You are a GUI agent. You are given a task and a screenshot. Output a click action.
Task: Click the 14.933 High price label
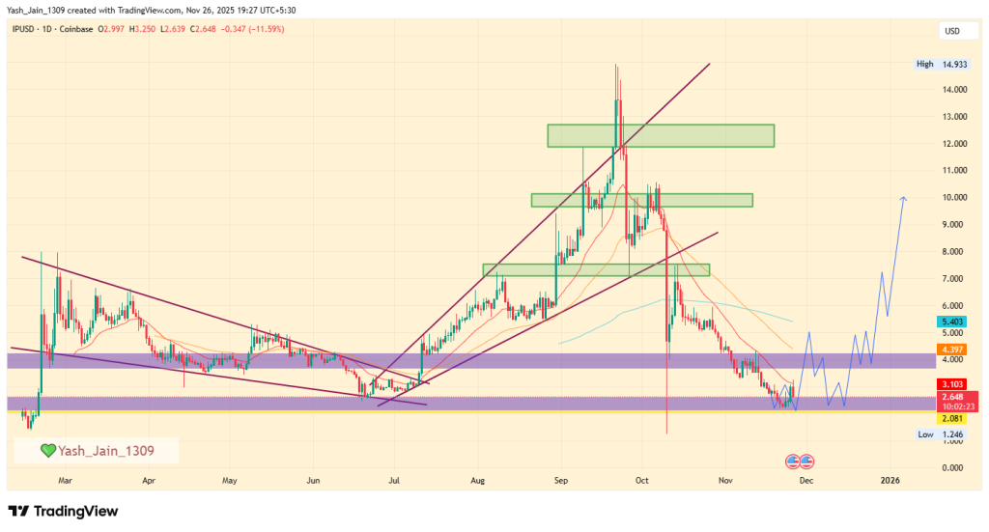point(953,65)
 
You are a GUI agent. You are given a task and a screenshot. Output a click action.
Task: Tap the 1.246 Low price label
point(953,435)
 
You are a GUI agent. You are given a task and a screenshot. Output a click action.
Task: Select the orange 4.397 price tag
point(952,349)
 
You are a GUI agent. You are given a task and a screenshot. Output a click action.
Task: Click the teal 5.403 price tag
point(952,321)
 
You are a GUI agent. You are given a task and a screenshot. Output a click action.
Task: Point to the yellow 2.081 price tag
point(952,418)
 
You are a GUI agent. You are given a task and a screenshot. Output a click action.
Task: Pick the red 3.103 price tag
point(952,384)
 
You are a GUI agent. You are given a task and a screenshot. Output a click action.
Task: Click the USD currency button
point(951,33)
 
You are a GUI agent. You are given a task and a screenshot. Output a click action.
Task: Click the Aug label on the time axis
point(476,479)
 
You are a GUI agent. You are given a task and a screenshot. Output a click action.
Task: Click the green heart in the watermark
point(47,450)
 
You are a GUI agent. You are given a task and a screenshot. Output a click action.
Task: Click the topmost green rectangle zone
point(661,135)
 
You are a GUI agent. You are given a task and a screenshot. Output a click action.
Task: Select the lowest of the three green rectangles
point(596,269)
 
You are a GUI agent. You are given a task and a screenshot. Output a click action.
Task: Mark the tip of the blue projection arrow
point(904,198)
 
